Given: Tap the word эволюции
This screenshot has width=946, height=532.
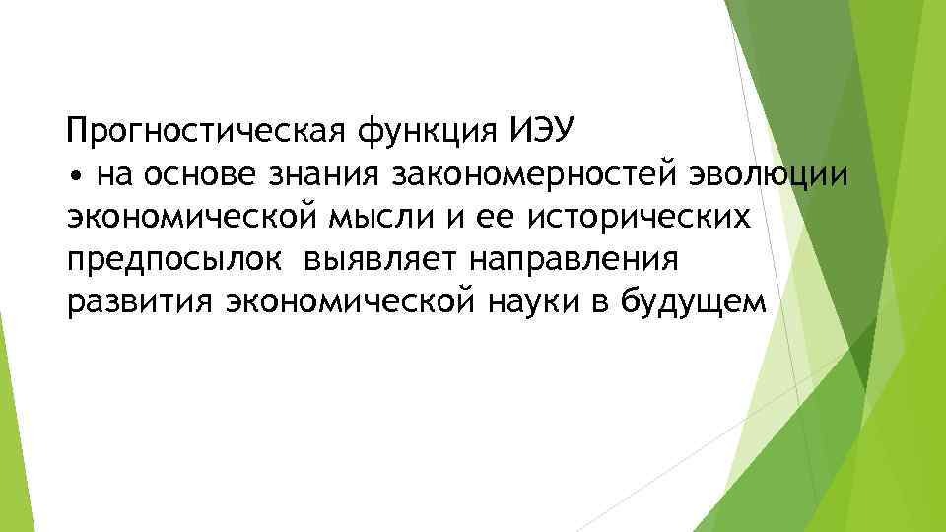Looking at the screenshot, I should tap(758, 175).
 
